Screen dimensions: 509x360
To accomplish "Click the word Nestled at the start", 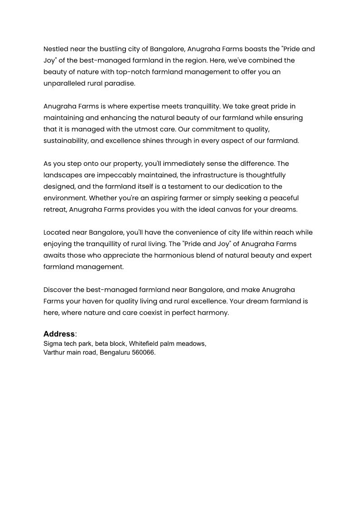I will tap(55, 48).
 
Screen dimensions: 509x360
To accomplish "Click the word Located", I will tap(57, 232).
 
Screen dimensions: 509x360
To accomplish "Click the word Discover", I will tap(58, 289).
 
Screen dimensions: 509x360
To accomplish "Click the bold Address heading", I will tap(59, 334).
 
